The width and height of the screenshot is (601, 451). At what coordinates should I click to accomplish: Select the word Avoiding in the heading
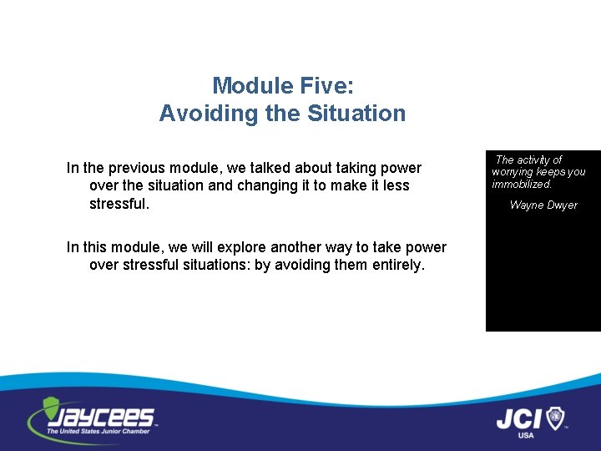pyautogui.click(x=194, y=114)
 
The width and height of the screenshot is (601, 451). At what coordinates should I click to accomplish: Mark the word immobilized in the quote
pyautogui.click(x=522, y=185)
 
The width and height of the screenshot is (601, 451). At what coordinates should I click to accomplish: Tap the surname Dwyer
pyautogui.click(x=563, y=205)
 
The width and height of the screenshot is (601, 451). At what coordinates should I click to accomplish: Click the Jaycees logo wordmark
pyautogui.click(x=99, y=415)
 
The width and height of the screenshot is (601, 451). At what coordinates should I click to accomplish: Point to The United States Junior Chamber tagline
pyautogui.click(x=98, y=431)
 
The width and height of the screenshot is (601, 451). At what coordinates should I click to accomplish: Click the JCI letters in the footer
pyautogui.click(x=519, y=418)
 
